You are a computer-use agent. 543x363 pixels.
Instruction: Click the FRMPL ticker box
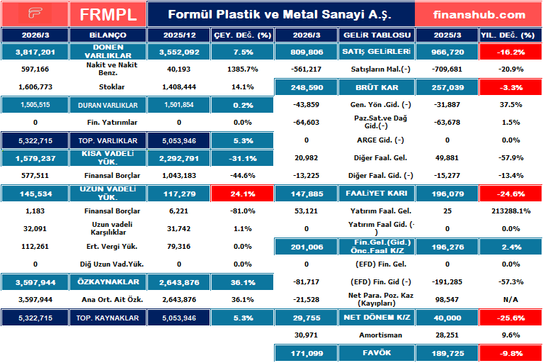pos(108,14)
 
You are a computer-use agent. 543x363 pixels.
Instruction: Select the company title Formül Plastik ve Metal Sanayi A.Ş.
pos(280,14)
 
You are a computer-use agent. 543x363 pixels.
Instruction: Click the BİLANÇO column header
pos(108,34)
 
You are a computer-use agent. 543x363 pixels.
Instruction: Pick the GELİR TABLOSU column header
pos(377,34)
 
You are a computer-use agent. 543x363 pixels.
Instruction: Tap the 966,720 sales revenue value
pos(447,52)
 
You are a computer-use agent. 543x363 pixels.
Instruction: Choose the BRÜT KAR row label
pos(377,87)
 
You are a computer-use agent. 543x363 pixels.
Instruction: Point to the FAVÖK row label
pos(377,352)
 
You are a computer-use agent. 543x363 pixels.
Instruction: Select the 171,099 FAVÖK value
pos(307,352)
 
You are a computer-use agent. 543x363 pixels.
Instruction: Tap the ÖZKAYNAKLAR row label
pos(108,281)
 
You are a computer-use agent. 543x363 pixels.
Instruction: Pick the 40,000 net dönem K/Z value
pos(447,318)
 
